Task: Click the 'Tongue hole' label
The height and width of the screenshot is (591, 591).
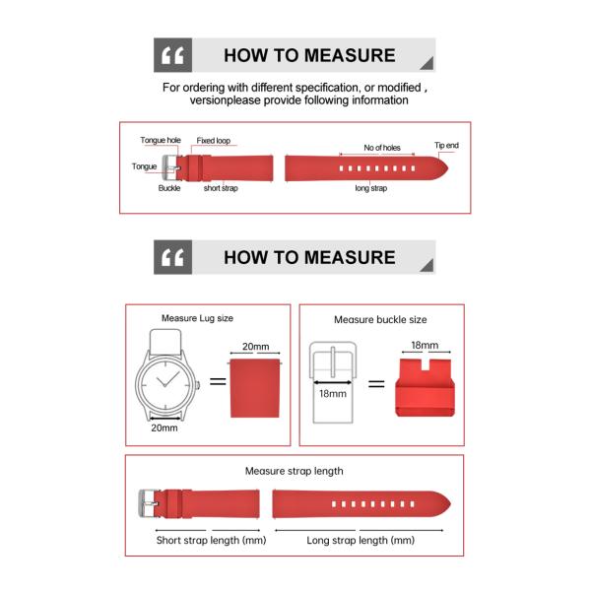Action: coord(160,141)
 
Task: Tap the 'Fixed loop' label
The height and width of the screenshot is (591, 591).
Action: coord(214,141)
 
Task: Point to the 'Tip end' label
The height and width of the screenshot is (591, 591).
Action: coord(446,146)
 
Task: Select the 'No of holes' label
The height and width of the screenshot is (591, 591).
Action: coord(382,148)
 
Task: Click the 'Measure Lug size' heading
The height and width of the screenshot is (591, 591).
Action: coord(197,319)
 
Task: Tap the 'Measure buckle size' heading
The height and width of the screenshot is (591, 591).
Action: coord(380,320)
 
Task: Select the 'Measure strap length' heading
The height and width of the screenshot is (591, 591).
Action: coord(295,471)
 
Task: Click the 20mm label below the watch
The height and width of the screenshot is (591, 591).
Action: coord(164,427)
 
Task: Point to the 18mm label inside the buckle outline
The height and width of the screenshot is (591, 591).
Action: coord(332,394)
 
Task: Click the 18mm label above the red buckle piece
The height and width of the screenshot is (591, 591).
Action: coord(425,346)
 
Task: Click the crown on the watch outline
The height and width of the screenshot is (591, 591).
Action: coord(198,383)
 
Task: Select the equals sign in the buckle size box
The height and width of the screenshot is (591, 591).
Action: coord(376,383)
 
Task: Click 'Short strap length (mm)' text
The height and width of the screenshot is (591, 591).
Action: coord(212,541)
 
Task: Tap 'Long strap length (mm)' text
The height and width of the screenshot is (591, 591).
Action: coord(361,541)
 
